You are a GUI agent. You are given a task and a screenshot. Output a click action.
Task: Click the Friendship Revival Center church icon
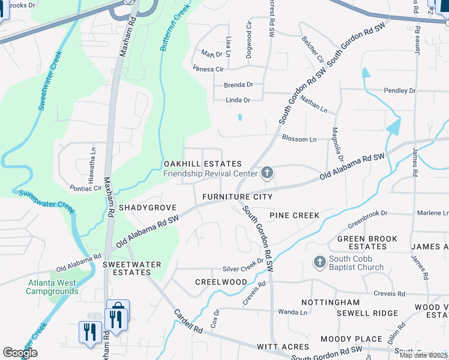267,174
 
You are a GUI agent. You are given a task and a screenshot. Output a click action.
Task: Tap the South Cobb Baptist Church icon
319,262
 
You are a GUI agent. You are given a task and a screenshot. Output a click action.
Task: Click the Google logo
20,352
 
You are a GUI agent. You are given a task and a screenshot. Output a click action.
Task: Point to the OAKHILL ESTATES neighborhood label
203,164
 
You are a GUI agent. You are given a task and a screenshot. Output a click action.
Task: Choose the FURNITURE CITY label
237,197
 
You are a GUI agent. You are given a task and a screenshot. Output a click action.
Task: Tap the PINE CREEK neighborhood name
294,215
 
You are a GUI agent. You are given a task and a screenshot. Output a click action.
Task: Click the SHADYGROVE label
148,208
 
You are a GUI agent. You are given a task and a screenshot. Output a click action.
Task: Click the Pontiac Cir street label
85,188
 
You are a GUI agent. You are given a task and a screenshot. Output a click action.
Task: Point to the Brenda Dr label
238,85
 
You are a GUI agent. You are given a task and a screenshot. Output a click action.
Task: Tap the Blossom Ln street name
299,139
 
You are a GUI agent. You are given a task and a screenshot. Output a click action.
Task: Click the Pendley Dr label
400,91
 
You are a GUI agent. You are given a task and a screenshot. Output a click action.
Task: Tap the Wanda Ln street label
293,312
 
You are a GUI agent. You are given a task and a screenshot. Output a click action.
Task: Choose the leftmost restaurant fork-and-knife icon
89,331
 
